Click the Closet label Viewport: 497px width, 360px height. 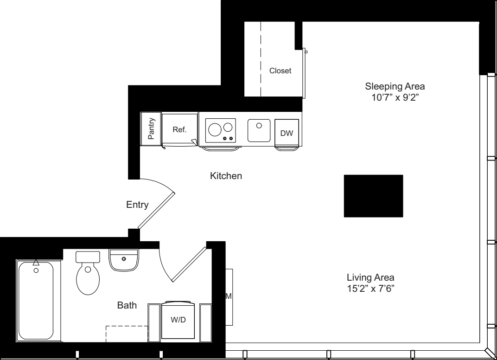pyautogui.click(x=280, y=71)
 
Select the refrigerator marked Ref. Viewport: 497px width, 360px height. pyautogui.click(x=179, y=130)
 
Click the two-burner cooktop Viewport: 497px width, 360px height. pyautogui.click(x=220, y=130)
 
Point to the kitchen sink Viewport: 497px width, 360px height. pyautogui.click(x=259, y=130)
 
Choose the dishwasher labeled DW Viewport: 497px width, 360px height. pyautogui.click(x=287, y=133)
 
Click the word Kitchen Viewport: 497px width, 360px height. pyautogui.click(x=226, y=176)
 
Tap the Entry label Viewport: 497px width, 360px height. pyautogui.click(x=137, y=205)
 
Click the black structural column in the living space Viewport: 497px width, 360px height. pyautogui.click(x=373, y=196)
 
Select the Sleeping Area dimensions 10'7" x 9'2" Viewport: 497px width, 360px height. pyautogui.click(x=395, y=98)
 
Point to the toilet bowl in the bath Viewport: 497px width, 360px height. pyautogui.click(x=88, y=279)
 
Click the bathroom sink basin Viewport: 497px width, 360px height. pyautogui.click(x=123, y=260)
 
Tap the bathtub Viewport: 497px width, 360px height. pyautogui.click(x=36, y=301)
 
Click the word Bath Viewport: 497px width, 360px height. pyautogui.click(x=127, y=305)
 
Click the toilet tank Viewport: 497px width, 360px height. pyautogui.click(x=88, y=257)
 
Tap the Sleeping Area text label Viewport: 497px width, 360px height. pyautogui.click(x=395, y=86)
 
